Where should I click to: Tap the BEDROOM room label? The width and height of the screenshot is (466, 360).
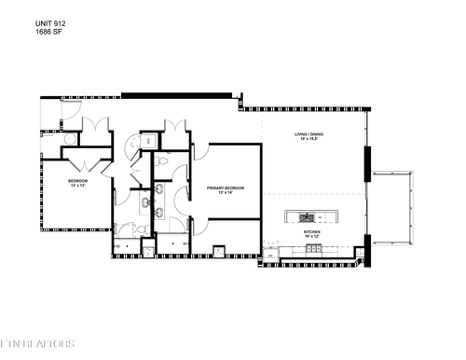click(x=77, y=180)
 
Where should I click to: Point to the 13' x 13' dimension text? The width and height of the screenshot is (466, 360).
click(x=77, y=186)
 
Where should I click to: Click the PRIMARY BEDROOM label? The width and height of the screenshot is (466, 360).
click(x=226, y=187)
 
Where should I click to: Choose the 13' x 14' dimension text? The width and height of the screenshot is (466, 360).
click(x=226, y=193)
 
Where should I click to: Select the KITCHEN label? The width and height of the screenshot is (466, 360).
click(x=311, y=229)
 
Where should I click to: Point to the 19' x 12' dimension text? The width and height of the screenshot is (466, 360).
click(x=311, y=235)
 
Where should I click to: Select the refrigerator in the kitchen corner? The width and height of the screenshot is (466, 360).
click(x=269, y=253)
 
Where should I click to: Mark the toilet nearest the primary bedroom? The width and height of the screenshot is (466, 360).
click(x=161, y=162)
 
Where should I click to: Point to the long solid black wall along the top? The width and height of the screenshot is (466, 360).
click(x=177, y=93)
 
